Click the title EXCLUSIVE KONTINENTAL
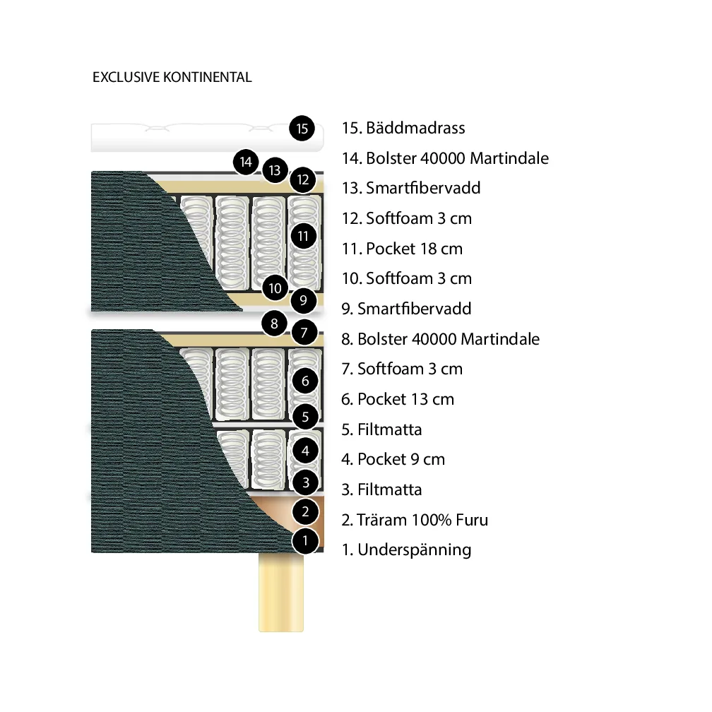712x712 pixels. pyautogui.click(x=172, y=78)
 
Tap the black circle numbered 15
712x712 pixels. pyautogui.click(x=302, y=129)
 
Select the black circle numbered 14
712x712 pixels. pyautogui.click(x=246, y=162)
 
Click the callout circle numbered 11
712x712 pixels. pyautogui.click(x=304, y=236)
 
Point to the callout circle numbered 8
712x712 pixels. pyautogui.click(x=274, y=325)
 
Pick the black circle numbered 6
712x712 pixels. pyautogui.click(x=305, y=381)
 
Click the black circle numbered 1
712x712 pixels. pyautogui.click(x=305, y=542)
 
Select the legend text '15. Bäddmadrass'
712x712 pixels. pyautogui.click(x=403, y=129)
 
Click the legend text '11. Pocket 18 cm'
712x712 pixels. pyautogui.click(x=402, y=249)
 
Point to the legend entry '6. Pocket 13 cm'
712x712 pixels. pyautogui.click(x=398, y=399)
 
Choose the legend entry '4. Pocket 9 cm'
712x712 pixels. pyautogui.click(x=393, y=459)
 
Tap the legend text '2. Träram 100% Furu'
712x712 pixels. pyautogui.click(x=415, y=521)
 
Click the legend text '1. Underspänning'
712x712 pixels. pyautogui.click(x=406, y=550)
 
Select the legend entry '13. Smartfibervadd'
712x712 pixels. pyautogui.click(x=411, y=189)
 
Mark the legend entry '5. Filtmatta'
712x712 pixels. pyautogui.click(x=381, y=429)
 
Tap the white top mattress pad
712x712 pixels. pyautogui.click(x=191, y=137)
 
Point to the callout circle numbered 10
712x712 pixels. pyautogui.click(x=275, y=288)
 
